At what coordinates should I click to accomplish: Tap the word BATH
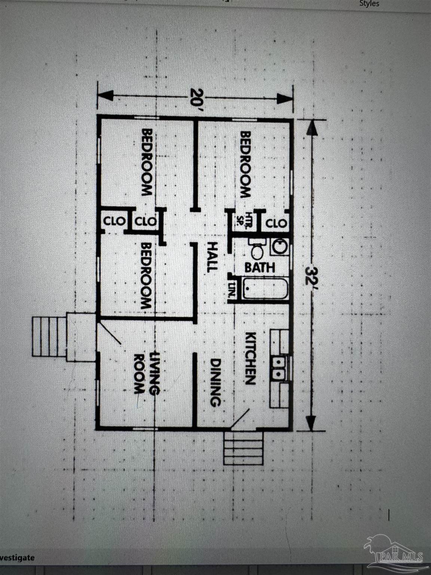(260, 267)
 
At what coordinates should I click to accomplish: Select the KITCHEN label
(250, 358)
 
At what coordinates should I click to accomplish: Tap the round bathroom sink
(279, 247)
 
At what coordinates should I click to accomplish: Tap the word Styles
(369, 4)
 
